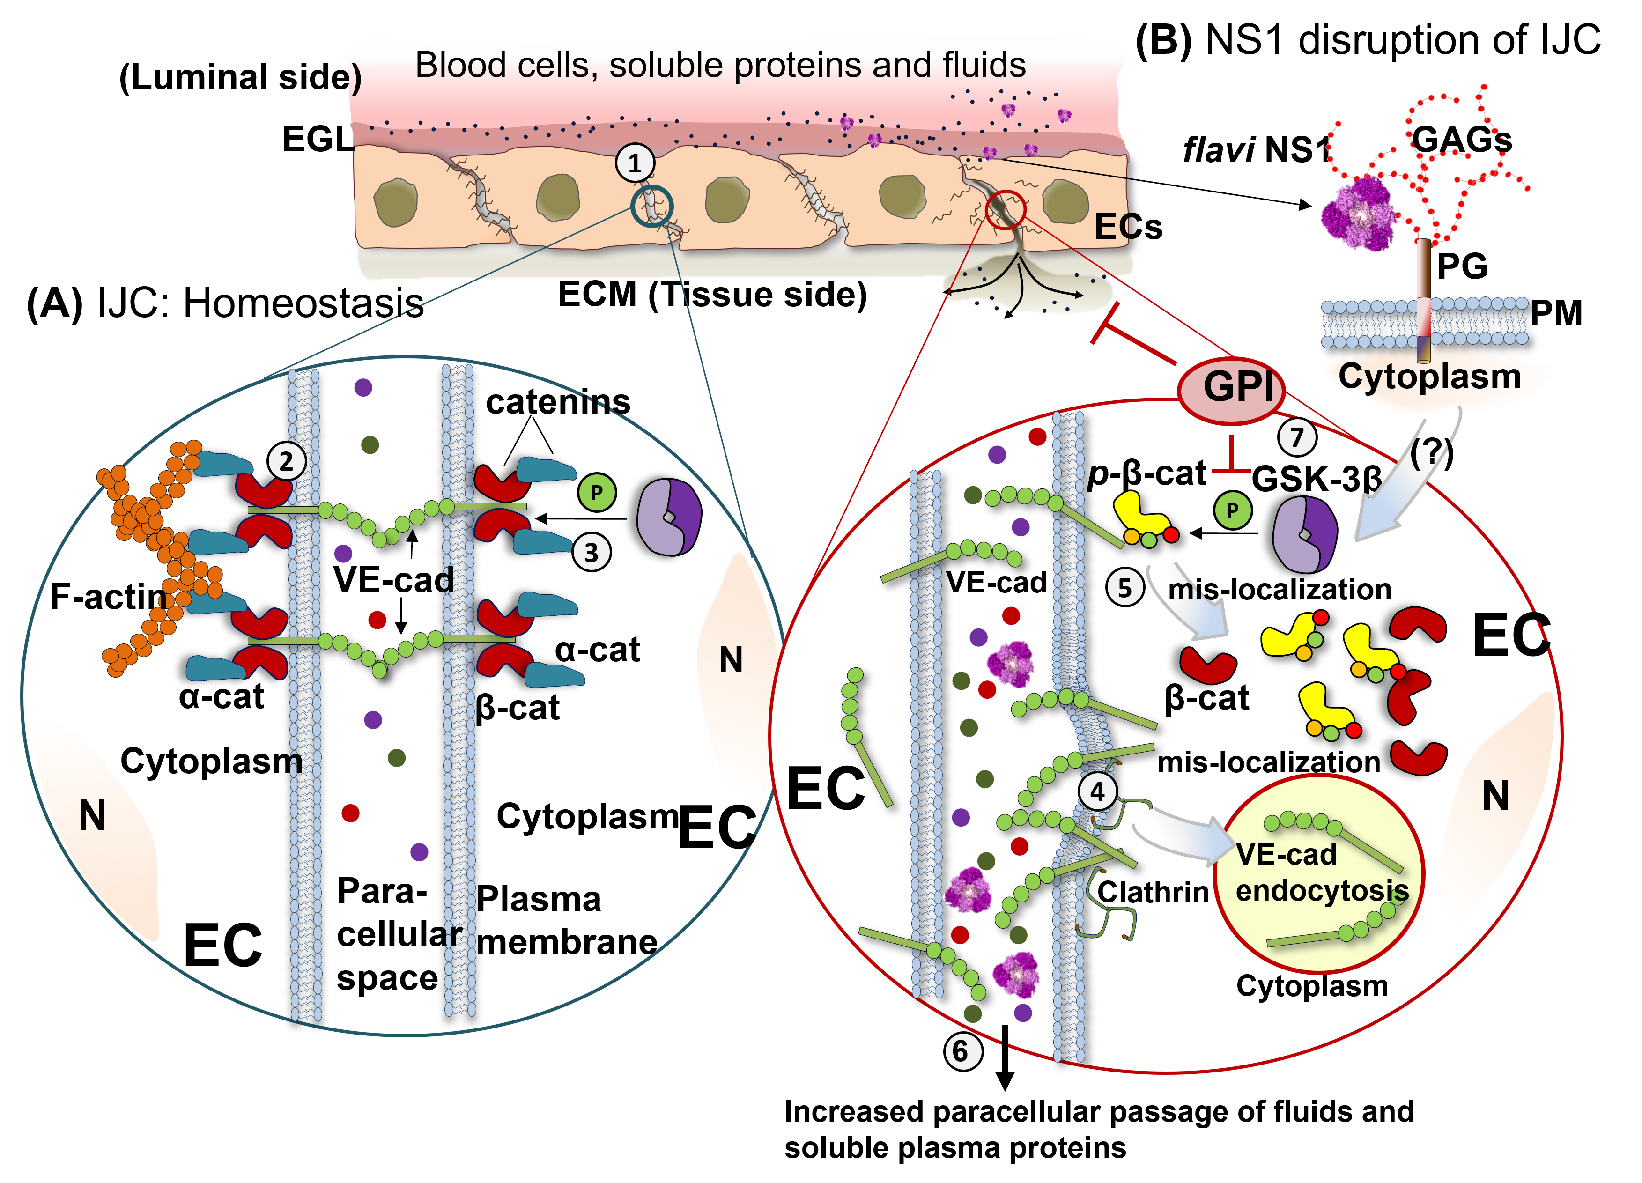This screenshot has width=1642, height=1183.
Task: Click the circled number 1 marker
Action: click(635, 163)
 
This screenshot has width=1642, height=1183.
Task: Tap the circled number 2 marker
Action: click(286, 461)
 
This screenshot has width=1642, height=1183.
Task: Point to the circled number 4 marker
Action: click(1098, 791)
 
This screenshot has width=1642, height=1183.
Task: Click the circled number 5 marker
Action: click(1124, 588)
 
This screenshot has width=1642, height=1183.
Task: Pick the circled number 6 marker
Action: click(962, 1050)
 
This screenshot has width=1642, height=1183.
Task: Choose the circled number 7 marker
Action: click(1297, 437)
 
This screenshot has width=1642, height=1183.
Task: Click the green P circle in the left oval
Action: click(597, 492)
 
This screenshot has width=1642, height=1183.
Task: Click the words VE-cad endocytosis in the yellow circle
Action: click(1321, 873)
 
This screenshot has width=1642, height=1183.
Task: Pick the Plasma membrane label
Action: click(565, 921)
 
